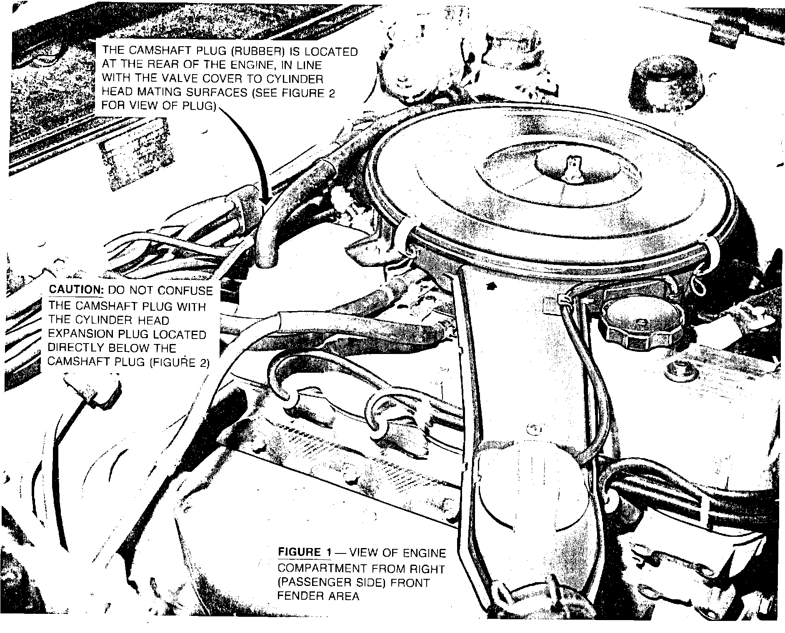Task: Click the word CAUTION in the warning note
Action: click(76, 290)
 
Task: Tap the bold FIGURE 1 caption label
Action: click(305, 553)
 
